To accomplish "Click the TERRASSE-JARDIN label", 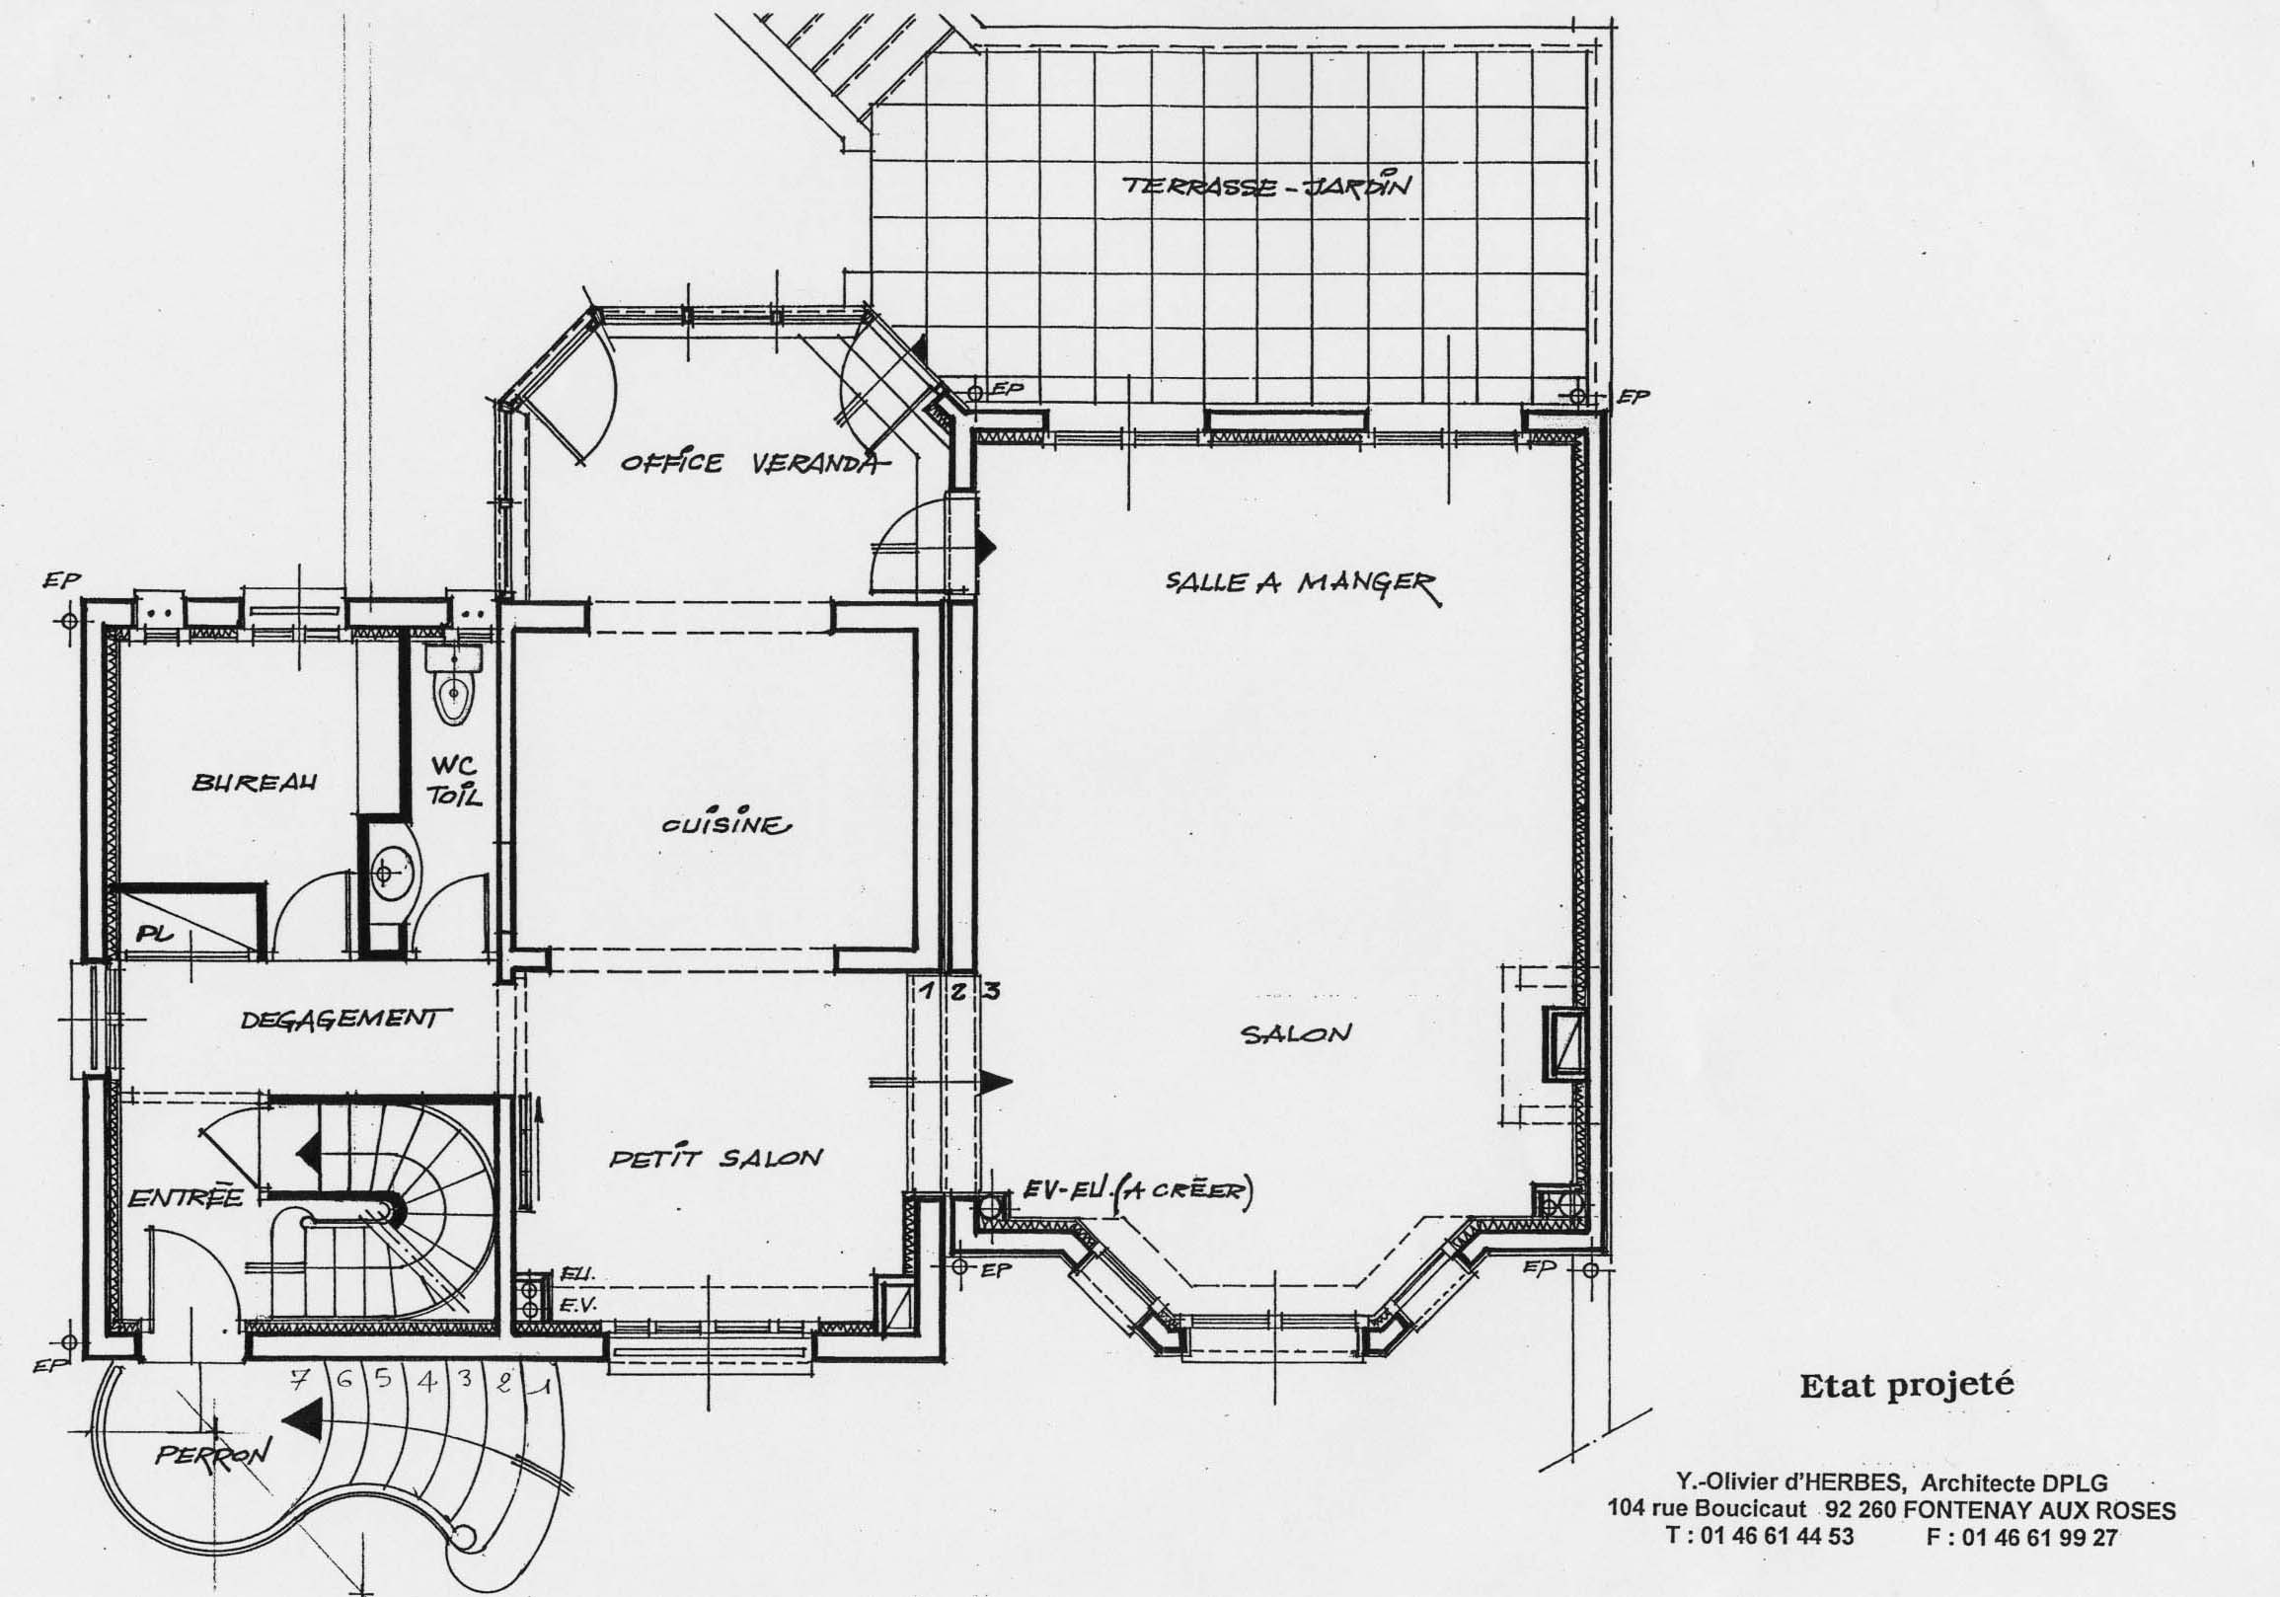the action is (x=1266, y=186).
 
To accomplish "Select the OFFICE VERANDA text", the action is (x=751, y=464).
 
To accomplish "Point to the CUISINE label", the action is (x=726, y=824).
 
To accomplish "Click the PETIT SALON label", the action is (x=716, y=1157).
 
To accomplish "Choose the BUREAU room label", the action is (x=255, y=782).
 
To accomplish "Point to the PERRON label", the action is (x=212, y=1454).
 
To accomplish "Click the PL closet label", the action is (x=154, y=934).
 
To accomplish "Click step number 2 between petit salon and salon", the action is (x=957, y=991).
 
